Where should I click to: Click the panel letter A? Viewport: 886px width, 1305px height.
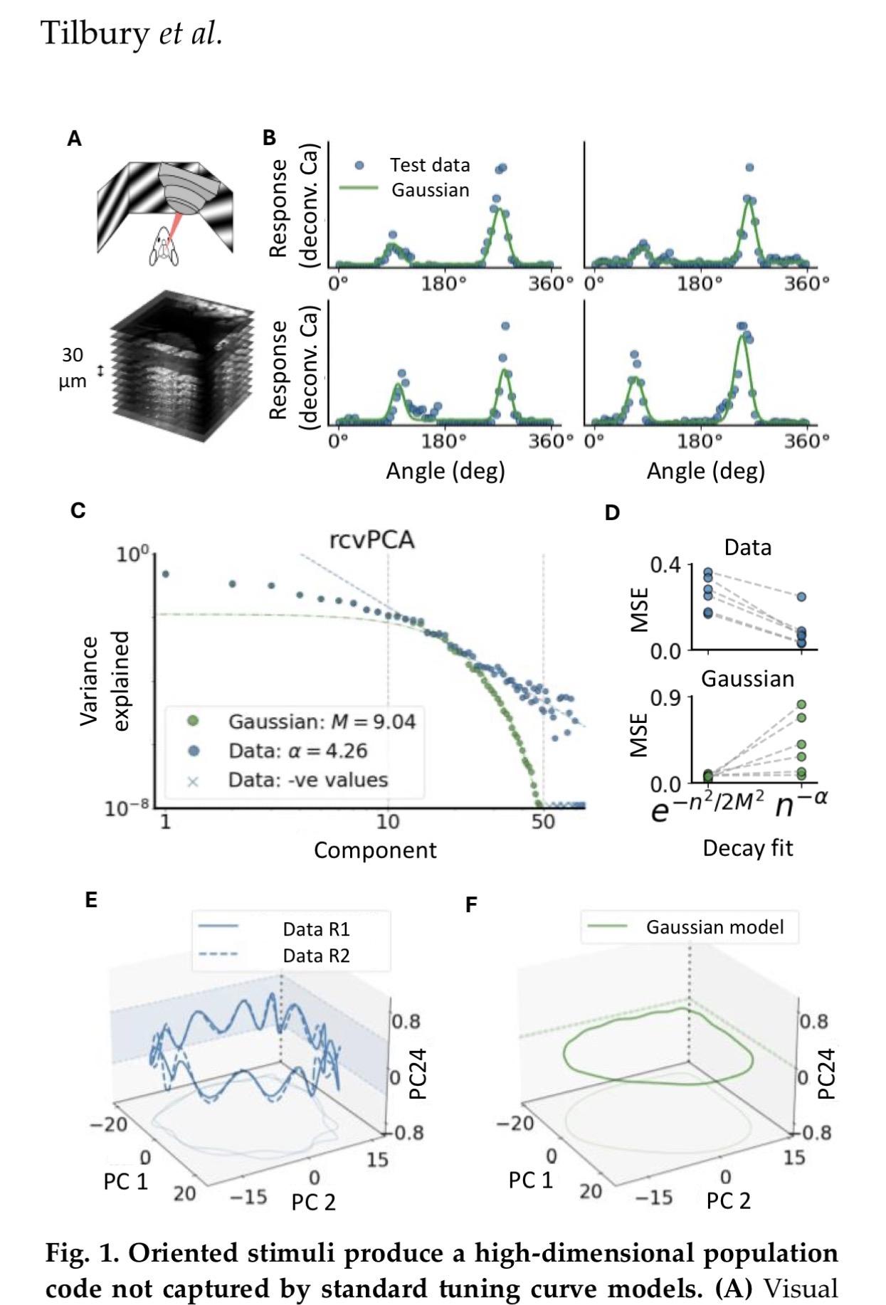coord(74,139)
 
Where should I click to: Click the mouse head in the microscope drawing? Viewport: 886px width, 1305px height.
coord(163,246)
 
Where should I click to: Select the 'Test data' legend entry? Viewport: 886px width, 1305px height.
coord(429,165)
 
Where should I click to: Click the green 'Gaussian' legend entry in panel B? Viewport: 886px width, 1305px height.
coord(430,190)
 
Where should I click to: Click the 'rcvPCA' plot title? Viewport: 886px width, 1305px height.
coord(371,540)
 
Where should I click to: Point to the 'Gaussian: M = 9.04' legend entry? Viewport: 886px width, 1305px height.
coord(321,722)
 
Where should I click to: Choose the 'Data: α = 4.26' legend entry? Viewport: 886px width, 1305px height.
coord(297,751)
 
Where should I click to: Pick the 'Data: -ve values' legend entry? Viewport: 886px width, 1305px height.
coord(307,780)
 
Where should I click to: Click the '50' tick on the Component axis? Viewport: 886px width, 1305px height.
coord(543,822)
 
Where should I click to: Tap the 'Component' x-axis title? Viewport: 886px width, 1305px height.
coord(375,850)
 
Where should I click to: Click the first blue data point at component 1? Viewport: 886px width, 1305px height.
coord(166,574)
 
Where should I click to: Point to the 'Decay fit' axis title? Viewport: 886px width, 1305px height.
coord(747,848)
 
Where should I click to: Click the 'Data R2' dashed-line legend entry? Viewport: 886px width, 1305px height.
coord(316,956)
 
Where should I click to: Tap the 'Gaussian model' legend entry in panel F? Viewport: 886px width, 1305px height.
coord(714,927)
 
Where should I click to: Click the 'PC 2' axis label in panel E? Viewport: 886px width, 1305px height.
coord(313,1202)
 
